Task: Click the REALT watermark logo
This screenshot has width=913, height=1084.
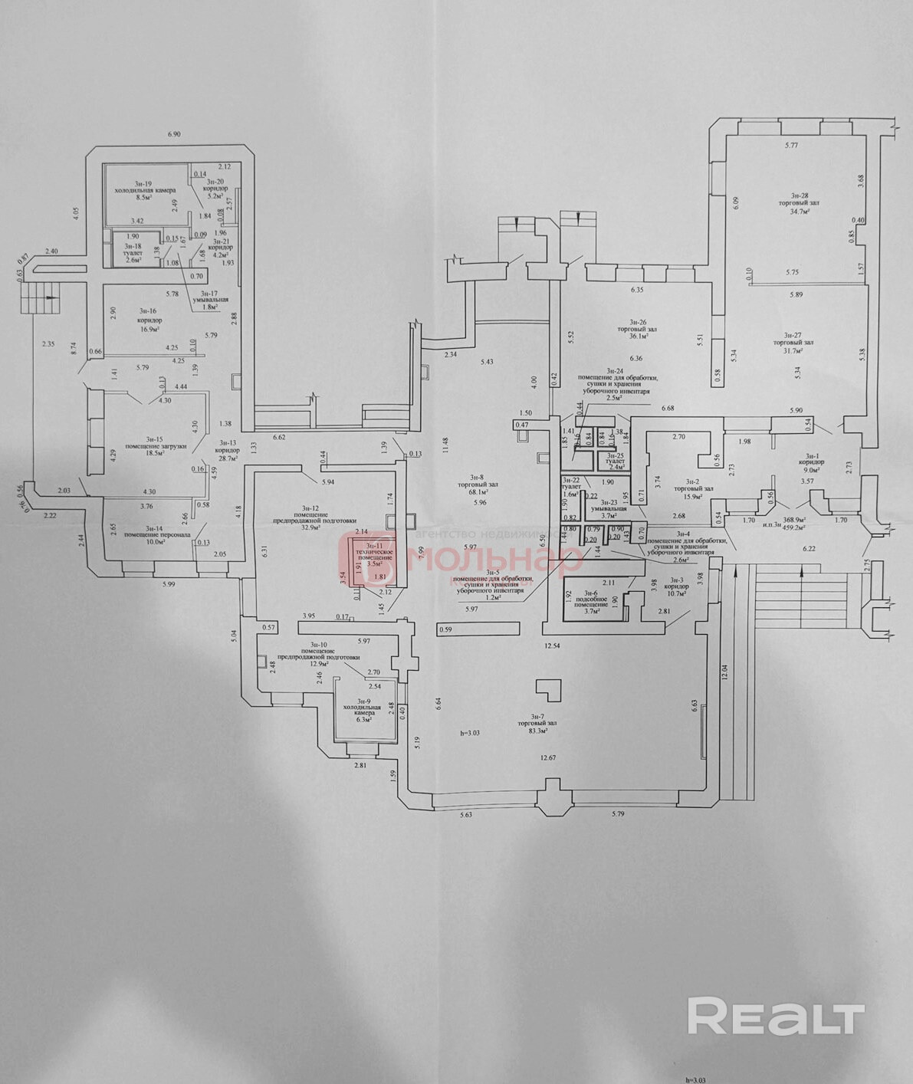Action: [x=775, y=1017]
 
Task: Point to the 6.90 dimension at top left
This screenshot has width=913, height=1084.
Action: [x=174, y=134]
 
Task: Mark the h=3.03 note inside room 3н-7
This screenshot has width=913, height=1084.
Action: [x=469, y=733]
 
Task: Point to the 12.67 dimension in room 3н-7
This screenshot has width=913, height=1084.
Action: [x=547, y=758]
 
